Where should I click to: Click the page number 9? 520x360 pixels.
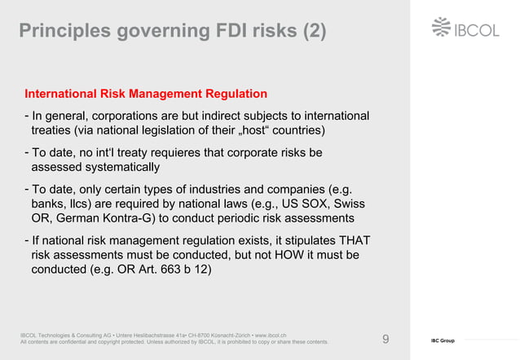click(386, 338)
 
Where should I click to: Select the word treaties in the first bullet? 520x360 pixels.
click(54, 130)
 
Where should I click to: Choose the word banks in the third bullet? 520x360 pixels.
click(49, 204)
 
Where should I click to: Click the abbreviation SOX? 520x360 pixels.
click(308, 204)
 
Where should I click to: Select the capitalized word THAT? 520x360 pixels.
click(352, 241)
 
